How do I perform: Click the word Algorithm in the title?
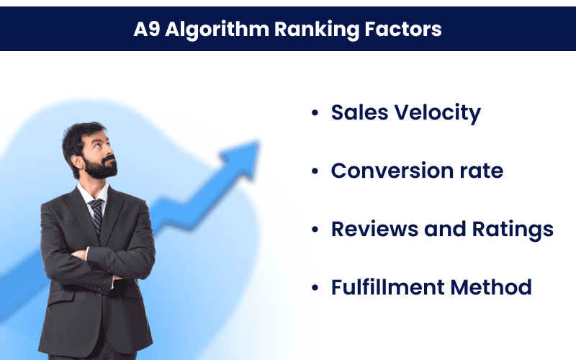pos(217,30)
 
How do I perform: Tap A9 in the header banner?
pos(147,29)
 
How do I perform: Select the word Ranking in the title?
pos(317,30)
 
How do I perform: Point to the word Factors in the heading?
pos(403,29)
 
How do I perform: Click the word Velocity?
pos(438,113)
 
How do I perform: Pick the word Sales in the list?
pos(359,112)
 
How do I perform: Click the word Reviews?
pos(374,229)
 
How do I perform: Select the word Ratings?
pos(513,230)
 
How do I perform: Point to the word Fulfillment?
pos(388,287)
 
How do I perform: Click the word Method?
pos(491,287)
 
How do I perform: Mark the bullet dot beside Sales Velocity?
pos(315,112)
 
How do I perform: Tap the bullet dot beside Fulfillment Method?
pos(315,287)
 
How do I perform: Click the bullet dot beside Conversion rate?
pos(315,171)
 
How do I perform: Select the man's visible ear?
pos(77,161)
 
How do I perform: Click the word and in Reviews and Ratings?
pos(445,229)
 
